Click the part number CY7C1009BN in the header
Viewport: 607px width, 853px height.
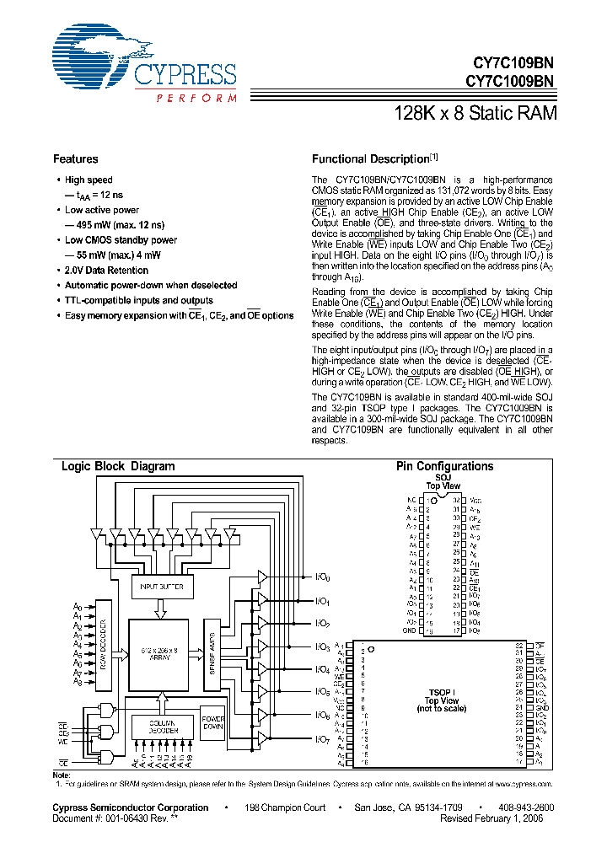pyautogui.click(x=510, y=82)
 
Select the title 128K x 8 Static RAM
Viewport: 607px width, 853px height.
pyautogui.click(x=475, y=113)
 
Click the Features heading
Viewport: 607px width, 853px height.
pyautogui.click(x=76, y=159)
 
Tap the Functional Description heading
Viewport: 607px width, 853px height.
pyautogui.click(x=371, y=159)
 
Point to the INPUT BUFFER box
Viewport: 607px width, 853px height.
pyautogui.click(x=161, y=586)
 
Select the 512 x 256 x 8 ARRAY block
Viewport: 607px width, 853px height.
pyautogui.click(x=158, y=652)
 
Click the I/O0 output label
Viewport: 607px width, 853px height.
pyautogui.click(x=323, y=578)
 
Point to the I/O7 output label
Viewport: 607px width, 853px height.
pyautogui.click(x=323, y=739)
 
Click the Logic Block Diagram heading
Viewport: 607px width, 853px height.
pyautogui.click(x=118, y=466)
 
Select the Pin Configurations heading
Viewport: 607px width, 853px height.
pyautogui.click(x=444, y=466)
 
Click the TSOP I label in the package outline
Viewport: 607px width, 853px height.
pyautogui.click(x=441, y=692)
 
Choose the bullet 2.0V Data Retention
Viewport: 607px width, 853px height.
pyautogui.click(x=106, y=271)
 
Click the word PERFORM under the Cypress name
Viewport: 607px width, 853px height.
pyautogui.click(x=196, y=99)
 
